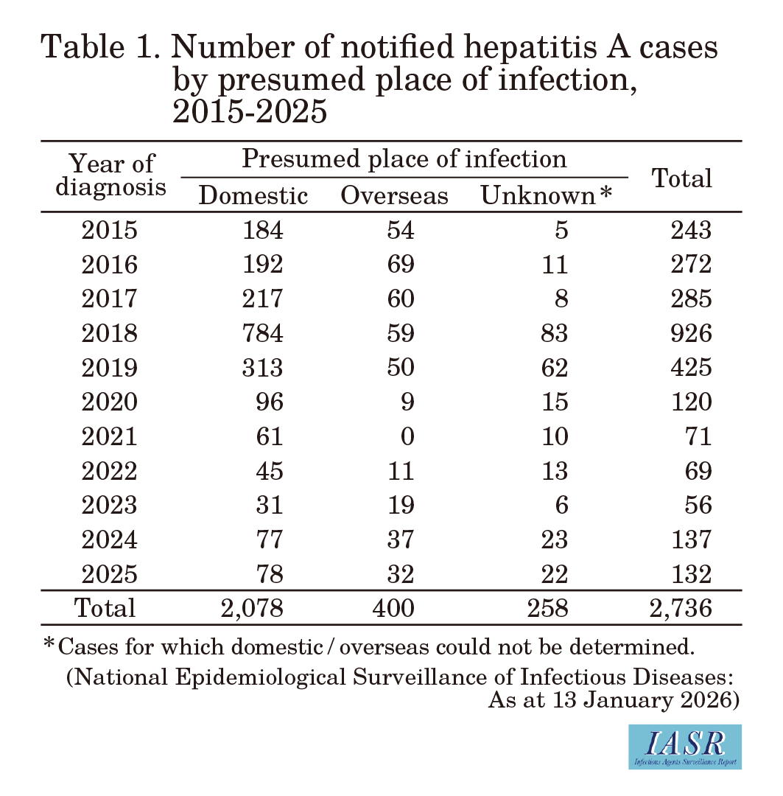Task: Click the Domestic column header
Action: (x=253, y=195)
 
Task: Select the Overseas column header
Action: (x=394, y=195)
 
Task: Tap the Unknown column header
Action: (x=546, y=195)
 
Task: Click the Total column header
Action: (x=681, y=178)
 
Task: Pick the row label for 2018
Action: (x=110, y=333)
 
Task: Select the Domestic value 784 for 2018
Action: (x=262, y=333)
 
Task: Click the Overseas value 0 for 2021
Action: (x=407, y=436)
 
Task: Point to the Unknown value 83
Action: (x=554, y=333)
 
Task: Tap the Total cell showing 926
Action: (x=691, y=333)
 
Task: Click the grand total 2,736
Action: (x=681, y=608)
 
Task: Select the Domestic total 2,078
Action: (x=252, y=608)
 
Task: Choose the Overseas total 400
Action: (x=393, y=608)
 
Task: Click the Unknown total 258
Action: (x=547, y=608)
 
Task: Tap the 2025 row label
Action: (x=110, y=573)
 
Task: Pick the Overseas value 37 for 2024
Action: (x=401, y=539)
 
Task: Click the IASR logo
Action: (x=685, y=747)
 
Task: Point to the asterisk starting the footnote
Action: (x=49, y=643)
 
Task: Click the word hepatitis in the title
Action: (x=531, y=47)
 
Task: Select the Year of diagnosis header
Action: (x=110, y=175)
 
